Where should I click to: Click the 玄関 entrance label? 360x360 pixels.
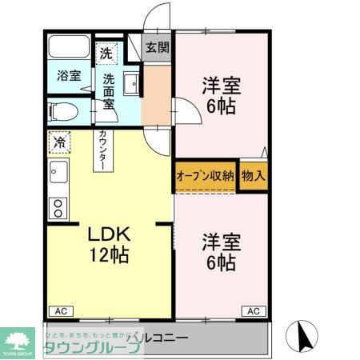click(158, 48)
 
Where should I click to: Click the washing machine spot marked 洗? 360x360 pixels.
click(106, 54)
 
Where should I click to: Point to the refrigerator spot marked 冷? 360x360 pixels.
click(59, 142)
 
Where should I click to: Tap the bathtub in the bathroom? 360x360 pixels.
click(70, 47)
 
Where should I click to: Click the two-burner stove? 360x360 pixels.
click(57, 209)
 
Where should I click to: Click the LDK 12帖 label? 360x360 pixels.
click(109, 246)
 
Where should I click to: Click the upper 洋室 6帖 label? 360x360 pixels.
click(218, 94)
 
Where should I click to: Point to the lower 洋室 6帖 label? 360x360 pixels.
click(218, 251)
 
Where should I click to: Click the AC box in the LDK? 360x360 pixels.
click(60, 310)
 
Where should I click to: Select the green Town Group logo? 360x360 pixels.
click(18, 341)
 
